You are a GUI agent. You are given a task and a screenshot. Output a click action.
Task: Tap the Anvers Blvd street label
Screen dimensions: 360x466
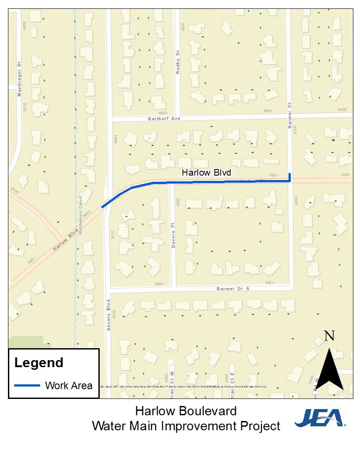click(108, 316)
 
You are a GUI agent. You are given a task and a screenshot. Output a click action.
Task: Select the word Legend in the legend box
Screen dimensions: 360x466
click(39, 363)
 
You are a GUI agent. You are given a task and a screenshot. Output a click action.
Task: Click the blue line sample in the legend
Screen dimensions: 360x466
click(27, 385)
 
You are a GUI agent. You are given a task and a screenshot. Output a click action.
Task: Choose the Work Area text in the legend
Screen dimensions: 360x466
click(69, 386)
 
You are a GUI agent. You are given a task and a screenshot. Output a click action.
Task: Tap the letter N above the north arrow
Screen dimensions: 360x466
click(329, 336)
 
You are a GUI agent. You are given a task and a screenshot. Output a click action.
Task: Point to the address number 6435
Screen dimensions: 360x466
click(345, 175)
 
